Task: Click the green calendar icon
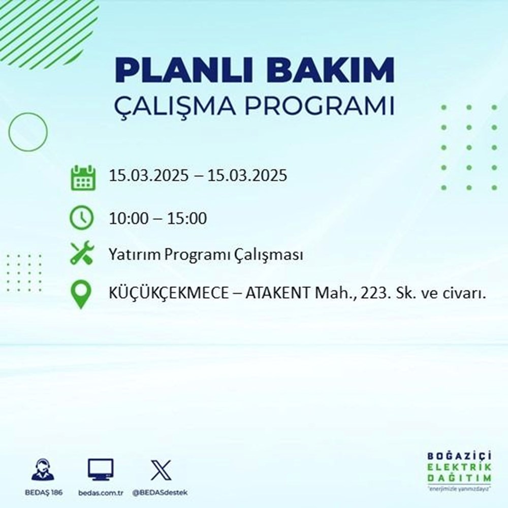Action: pyautogui.click(x=82, y=177)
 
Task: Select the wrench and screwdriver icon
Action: pyautogui.click(x=82, y=253)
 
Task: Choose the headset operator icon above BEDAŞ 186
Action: pyautogui.click(x=44, y=470)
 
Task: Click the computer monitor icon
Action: pyautogui.click(x=101, y=470)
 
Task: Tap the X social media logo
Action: pyautogui.click(x=161, y=470)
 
